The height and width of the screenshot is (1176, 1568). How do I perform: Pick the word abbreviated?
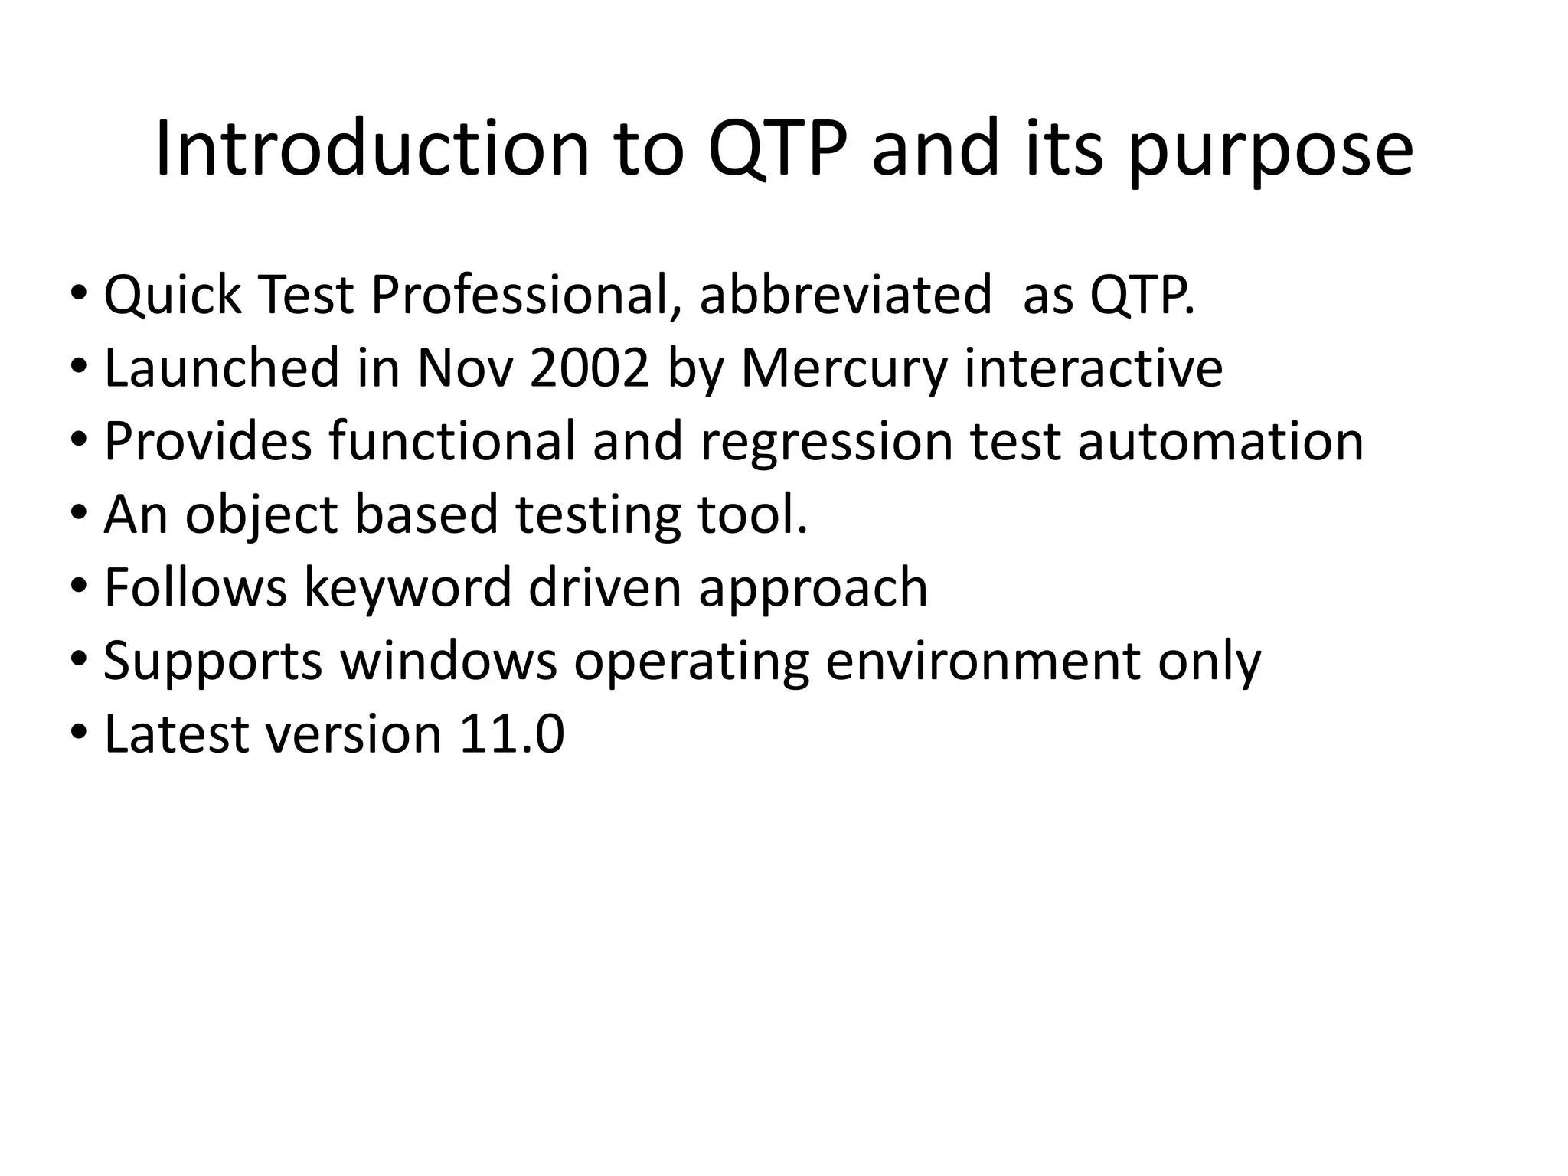845,295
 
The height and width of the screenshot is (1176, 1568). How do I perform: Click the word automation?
1220,442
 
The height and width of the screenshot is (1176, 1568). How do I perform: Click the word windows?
449,661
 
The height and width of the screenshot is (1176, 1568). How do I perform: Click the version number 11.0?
511,734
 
